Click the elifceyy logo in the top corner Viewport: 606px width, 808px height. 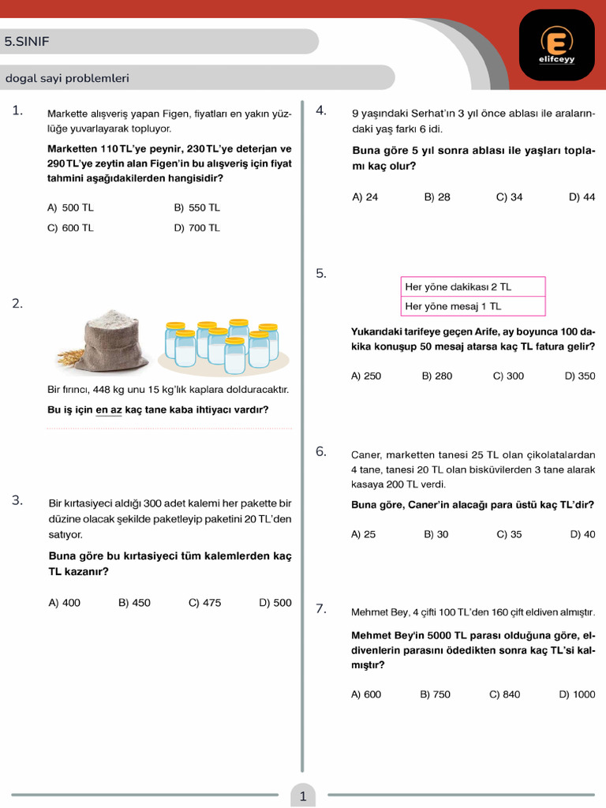557,44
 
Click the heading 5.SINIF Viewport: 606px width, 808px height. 27,42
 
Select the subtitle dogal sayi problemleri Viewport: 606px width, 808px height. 67,78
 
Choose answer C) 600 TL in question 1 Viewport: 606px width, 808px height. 70,227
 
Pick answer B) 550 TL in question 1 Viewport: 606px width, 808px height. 196,208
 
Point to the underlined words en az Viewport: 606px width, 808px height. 109,410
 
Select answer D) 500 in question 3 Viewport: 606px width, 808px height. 275,603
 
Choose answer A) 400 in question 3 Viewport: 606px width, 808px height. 65,603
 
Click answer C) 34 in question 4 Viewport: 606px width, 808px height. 509,197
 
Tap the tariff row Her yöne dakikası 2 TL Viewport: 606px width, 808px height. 473,286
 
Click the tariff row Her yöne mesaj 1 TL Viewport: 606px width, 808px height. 473,306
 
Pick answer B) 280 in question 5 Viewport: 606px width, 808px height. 437,376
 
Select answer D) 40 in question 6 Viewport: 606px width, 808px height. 582,534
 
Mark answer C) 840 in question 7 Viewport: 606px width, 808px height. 505,694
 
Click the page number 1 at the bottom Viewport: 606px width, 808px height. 303,796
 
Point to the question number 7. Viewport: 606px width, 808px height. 321,608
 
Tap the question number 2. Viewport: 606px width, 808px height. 17,303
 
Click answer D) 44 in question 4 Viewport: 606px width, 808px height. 582,197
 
